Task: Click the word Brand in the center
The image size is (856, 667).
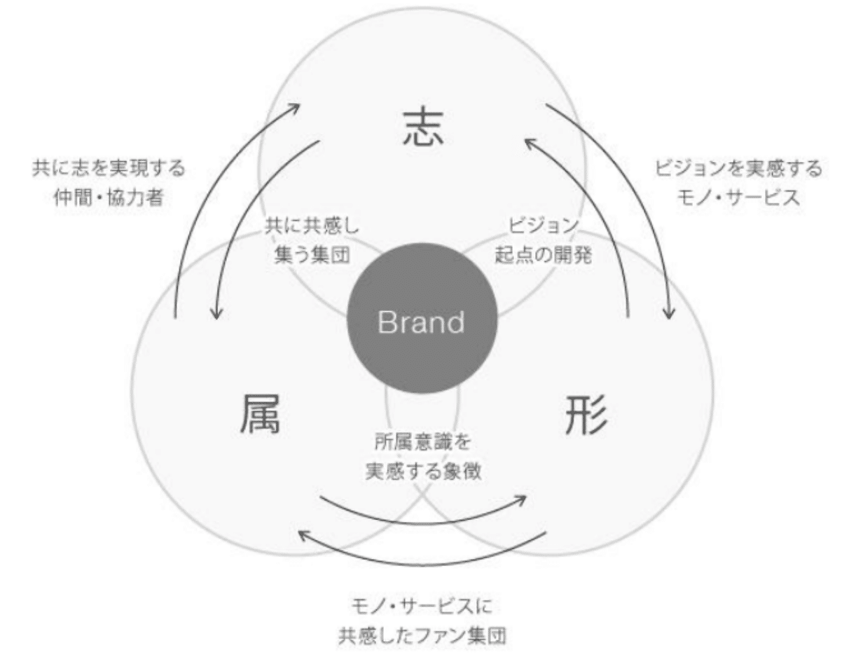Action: [422, 323]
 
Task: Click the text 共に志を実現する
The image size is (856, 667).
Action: [109, 169]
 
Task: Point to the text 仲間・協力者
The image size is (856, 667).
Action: [109, 198]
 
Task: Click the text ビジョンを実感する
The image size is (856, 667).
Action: [739, 169]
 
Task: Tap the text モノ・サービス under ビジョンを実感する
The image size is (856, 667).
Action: [739, 198]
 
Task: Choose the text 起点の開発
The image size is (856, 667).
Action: [543, 255]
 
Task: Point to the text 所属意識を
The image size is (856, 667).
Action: [422, 442]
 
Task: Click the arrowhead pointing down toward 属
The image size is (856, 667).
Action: [217, 315]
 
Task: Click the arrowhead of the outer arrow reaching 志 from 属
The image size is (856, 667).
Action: [296, 107]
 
